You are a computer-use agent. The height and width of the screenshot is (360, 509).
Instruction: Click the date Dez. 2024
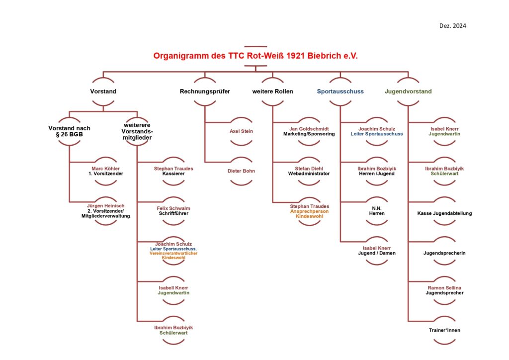pyautogui.click(x=452, y=26)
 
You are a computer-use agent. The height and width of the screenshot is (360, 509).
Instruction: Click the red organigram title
pyautogui.click(x=255, y=56)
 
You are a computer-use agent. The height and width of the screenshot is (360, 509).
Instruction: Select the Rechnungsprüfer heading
pyautogui.click(x=205, y=91)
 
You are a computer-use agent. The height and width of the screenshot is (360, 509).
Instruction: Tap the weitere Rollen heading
pyautogui.click(x=272, y=91)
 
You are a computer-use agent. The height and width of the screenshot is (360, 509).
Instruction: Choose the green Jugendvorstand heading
pyautogui.click(x=408, y=91)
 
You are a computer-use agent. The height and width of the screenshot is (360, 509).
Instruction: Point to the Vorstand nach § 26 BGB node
pyautogui.click(x=70, y=131)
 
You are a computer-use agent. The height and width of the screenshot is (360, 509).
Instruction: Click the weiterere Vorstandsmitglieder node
pyautogui.click(x=137, y=131)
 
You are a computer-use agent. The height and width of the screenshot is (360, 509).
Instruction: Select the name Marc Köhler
pyautogui.click(x=105, y=169)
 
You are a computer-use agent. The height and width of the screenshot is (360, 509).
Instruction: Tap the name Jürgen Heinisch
pyautogui.click(x=105, y=205)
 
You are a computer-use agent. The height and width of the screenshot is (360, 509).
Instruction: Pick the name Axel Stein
pyautogui.click(x=241, y=131)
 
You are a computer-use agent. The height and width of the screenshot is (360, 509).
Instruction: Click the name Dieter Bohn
pyautogui.click(x=241, y=171)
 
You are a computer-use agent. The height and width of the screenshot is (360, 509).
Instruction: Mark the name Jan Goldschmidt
pyautogui.click(x=309, y=129)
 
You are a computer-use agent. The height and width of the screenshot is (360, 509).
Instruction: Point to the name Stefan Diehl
pyautogui.click(x=309, y=169)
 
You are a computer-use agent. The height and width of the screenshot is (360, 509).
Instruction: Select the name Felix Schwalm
pyautogui.click(x=174, y=208)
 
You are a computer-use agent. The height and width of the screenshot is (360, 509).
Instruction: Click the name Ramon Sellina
pyautogui.click(x=444, y=288)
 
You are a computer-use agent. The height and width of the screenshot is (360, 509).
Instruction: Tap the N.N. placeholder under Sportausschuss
pyautogui.click(x=377, y=208)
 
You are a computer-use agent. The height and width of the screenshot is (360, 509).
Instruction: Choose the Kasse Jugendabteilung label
pyautogui.click(x=444, y=213)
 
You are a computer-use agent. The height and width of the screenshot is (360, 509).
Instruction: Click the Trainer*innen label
pyautogui.click(x=444, y=330)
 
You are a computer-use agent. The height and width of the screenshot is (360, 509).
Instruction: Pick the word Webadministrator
pyautogui.click(x=309, y=174)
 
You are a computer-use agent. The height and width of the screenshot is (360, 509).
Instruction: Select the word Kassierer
pyautogui.click(x=174, y=174)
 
